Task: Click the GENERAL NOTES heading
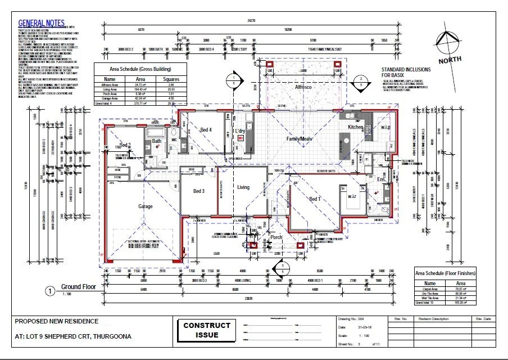[41, 24]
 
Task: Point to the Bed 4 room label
[206, 130]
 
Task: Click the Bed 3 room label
[198, 191]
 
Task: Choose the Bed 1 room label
[315, 199]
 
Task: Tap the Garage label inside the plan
[146, 206]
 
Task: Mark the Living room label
[243, 187]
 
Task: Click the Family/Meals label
[299, 138]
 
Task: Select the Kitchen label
[356, 128]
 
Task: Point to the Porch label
[276, 237]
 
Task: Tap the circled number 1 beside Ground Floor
[51, 291]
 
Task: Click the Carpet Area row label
[430, 289]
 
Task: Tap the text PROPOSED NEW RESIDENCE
[56, 322]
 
